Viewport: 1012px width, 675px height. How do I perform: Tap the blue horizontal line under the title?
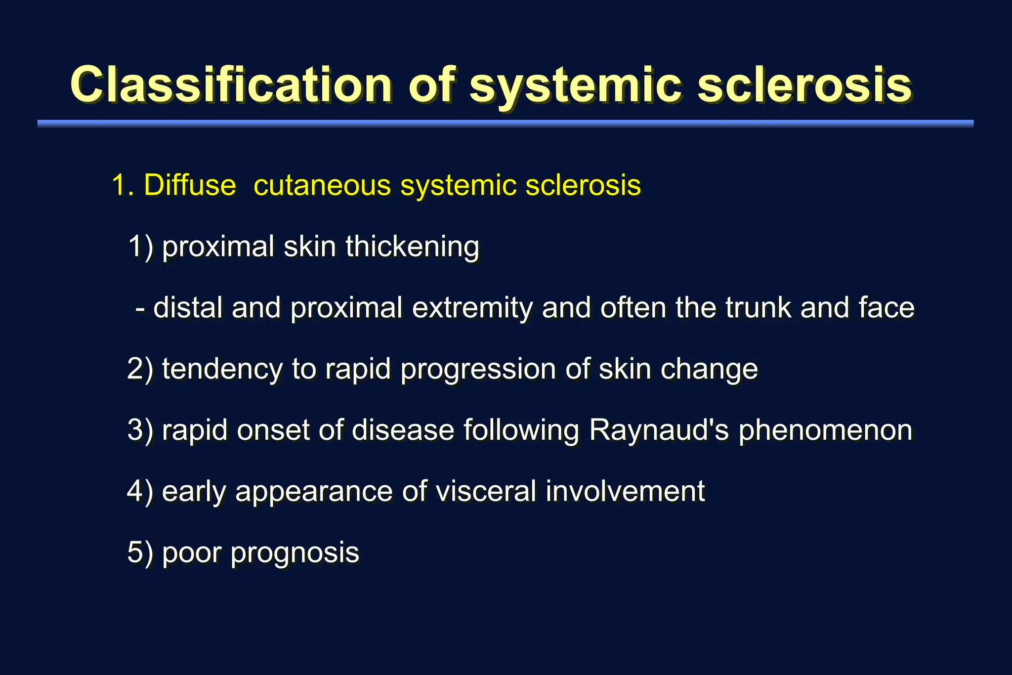pyautogui.click(x=505, y=124)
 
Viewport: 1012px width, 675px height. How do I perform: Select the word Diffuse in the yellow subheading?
pyautogui.click(x=190, y=185)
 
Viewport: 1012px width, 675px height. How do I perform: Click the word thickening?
pyautogui.click(x=412, y=246)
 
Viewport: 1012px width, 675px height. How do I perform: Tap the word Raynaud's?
pyautogui.click(x=659, y=430)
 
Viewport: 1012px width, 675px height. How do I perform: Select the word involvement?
pyautogui.click(x=625, y=491)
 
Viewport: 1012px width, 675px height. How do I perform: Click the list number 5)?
pyautogui.click(x=140, y=552)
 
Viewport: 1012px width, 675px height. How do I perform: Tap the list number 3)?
pyautogui.click(x=140, y=430)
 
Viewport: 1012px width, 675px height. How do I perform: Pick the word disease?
pyautogui.click(x=403, y=430)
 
